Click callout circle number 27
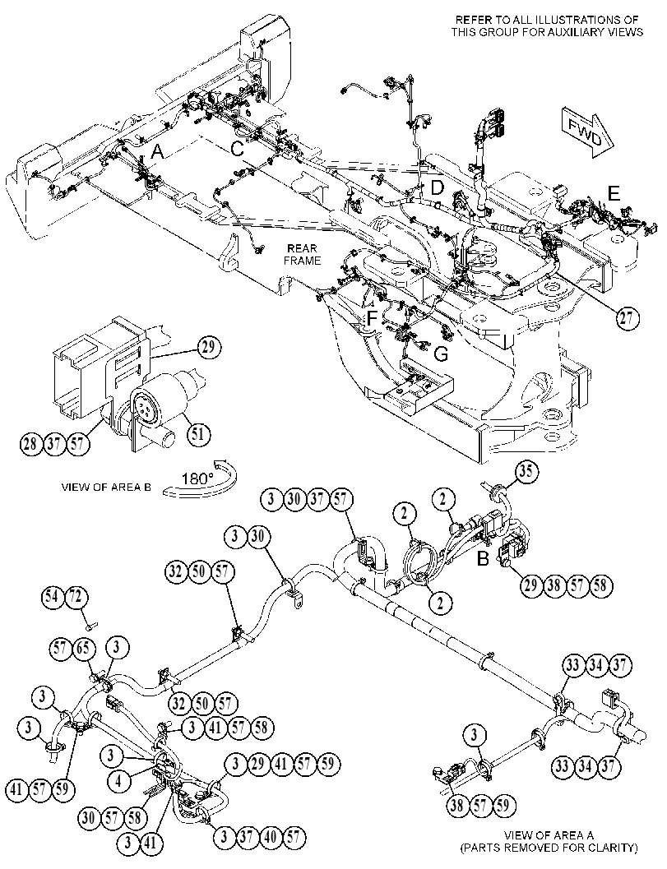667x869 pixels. point(627,318)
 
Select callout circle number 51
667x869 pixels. point(198,433)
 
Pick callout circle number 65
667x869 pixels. point(84,648)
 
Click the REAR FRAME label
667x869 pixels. point(303,254)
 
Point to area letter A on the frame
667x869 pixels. point(157,152)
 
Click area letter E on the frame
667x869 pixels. point(614,193)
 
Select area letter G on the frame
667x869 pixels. point(441,354)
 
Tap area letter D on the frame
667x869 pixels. point(438,187)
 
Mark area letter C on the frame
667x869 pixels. point(238,149)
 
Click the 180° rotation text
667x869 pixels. point(198,478)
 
